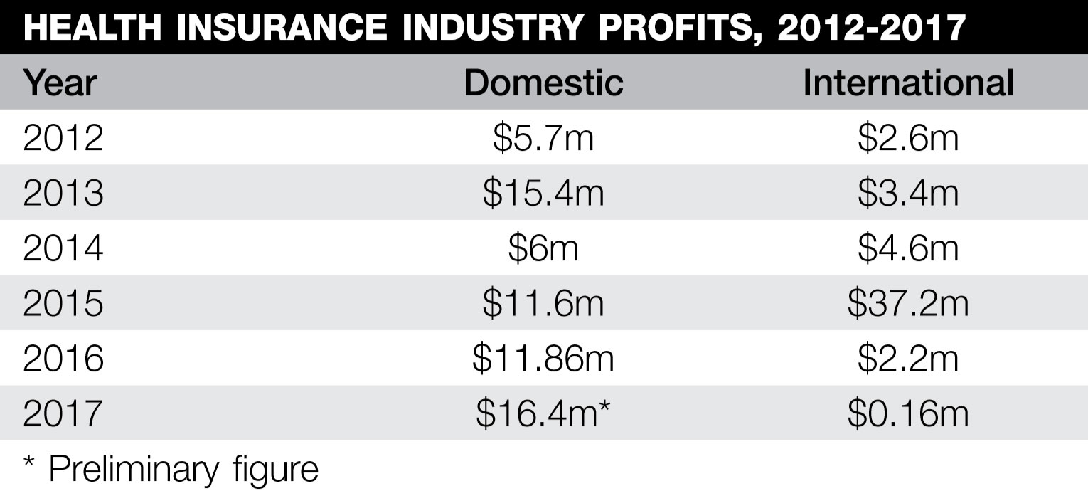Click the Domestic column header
543,83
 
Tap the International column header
908,83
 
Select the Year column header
60,83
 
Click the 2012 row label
63,138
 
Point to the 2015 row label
63,304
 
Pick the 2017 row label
63,414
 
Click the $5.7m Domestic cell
543,138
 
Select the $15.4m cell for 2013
543,194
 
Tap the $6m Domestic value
543,248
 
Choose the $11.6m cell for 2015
543,304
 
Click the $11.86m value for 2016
543,359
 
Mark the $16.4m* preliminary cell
543,414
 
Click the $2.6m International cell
908,138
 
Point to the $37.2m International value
908,304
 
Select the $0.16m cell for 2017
908,414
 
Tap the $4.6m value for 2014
908,248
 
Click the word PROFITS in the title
669,27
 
